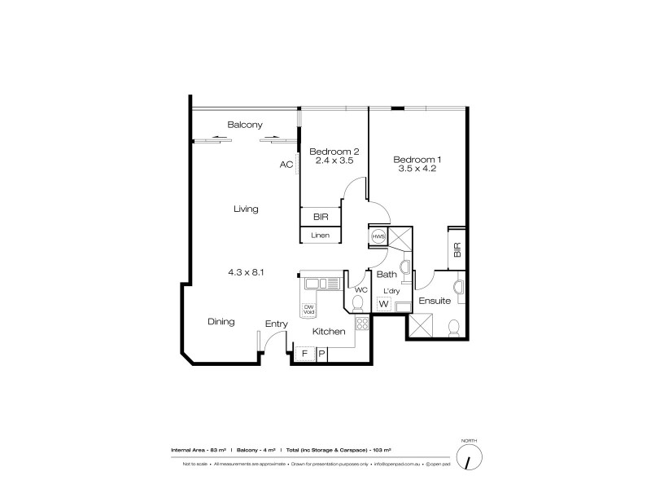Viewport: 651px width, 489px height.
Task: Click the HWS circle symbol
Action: point(378,236)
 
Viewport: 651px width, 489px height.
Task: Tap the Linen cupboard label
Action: point(321,236)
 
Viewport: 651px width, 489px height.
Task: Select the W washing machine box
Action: point(384,305)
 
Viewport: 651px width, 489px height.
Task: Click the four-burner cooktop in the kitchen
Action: point(363,324)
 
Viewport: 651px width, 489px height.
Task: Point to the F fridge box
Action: point(304,354)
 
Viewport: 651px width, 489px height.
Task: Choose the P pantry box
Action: point(321,354)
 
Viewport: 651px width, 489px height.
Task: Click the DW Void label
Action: point(309,309)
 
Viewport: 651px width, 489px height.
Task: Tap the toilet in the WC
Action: point(356,303)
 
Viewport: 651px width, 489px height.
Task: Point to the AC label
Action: point(286,165)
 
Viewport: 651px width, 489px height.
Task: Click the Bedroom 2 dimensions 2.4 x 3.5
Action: point(334,161)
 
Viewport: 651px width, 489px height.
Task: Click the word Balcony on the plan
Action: point(244,125)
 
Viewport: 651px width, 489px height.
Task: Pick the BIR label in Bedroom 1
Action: point(457,249)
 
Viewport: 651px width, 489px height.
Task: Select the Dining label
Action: point(221,322)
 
